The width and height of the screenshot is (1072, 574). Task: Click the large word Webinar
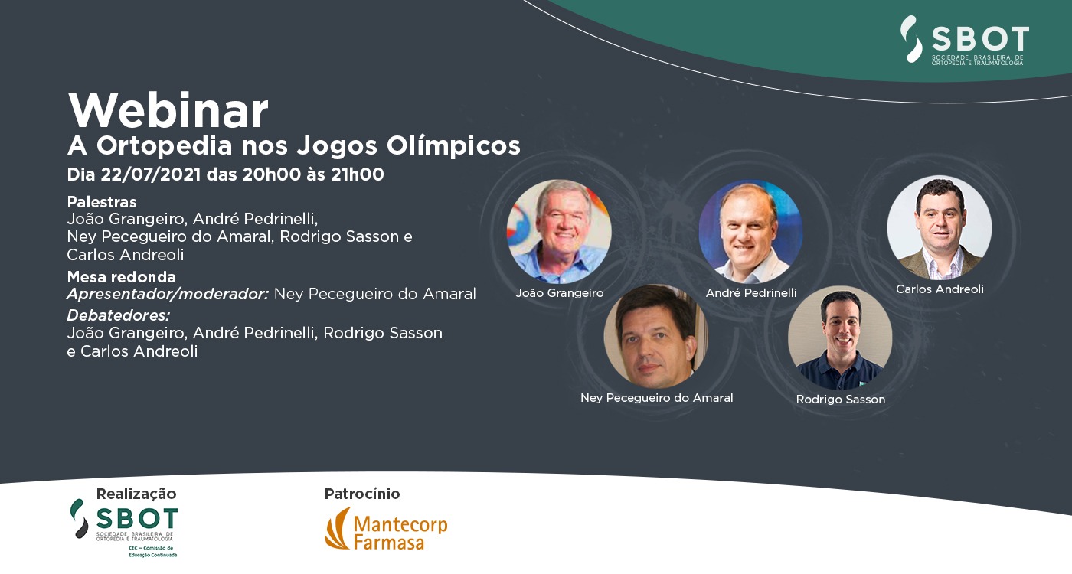pos(168,110)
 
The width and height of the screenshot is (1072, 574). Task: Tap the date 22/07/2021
pos(151,174)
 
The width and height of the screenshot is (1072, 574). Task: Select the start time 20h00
pos(271,174)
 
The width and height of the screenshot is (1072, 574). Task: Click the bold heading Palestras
pos(102,202)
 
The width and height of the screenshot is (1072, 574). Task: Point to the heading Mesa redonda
pos(122,277)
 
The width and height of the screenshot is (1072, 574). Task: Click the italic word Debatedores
pos(119,315)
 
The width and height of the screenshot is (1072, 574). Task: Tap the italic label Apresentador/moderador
pos(168,294)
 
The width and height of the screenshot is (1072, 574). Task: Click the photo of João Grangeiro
pos(559,231)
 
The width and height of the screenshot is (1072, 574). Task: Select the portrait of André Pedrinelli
pos(750,231)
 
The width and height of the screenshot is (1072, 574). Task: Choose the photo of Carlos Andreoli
pos(940,228)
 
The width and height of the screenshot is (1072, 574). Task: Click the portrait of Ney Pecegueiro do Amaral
pos(655,336)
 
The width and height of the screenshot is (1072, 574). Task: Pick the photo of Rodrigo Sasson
pos(840,338)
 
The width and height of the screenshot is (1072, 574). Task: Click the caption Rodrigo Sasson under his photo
pos(841,400)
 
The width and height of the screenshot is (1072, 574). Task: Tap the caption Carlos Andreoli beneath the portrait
pos(940,289)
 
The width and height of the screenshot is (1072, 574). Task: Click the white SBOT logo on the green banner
pos(964,40)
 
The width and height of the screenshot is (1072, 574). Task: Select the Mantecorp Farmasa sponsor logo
pos(386,529)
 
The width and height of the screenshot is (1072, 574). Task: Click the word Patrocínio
pos(361,494)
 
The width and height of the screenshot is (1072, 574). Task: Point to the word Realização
pos(136,494)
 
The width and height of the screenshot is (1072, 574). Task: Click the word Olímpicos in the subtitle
pos(453,146)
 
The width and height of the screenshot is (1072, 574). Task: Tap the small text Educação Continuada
pos(152,555)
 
